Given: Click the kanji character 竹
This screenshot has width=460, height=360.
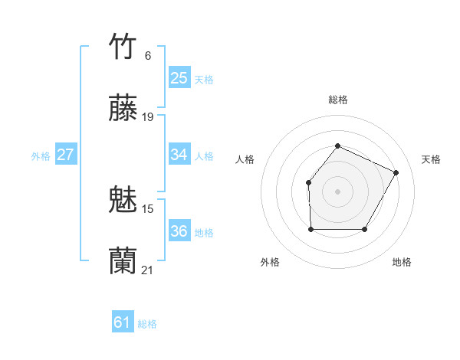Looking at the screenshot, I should [123, 47].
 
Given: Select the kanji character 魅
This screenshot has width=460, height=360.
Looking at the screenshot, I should [123, 200].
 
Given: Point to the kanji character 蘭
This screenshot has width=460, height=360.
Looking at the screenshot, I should [123, 261].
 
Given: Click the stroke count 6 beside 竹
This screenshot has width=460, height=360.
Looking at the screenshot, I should [148, 55].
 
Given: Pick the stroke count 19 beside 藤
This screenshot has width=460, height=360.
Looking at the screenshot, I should [148, 117].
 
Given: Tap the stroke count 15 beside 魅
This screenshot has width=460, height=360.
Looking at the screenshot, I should [148, 208].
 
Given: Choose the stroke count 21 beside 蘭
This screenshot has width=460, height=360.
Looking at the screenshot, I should [148, 270].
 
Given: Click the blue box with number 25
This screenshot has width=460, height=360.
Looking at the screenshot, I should [179, 78].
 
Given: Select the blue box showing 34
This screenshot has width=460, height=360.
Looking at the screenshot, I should [179, 155].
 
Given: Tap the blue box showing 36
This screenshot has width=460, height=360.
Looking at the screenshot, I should [179, 231].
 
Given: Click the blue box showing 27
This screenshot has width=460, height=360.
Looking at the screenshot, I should [66, 155].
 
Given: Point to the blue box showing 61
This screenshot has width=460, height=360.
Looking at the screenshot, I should [123, 322].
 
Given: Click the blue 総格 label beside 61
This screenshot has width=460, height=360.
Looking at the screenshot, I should [147, 324].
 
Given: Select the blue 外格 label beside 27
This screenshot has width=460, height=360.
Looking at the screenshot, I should [41, 156].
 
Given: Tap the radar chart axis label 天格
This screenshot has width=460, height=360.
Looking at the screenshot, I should [431, 159].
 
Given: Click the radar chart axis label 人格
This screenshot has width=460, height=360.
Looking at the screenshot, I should [245, 159].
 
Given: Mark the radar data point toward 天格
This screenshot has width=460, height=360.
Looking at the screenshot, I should [396, 172].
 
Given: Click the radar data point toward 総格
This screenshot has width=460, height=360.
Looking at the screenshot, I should [337, 146].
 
